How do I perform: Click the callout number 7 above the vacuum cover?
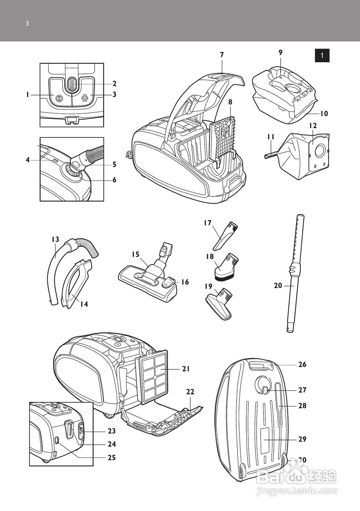coord(222,55)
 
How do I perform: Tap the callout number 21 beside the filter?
coord(186,369)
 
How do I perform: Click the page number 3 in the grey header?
coord(27,24)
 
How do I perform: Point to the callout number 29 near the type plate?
coord(302,439)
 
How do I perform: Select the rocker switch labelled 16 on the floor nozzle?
coord(169,281)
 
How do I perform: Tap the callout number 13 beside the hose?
coord(55,240)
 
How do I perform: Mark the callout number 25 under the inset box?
coord(112,458)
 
